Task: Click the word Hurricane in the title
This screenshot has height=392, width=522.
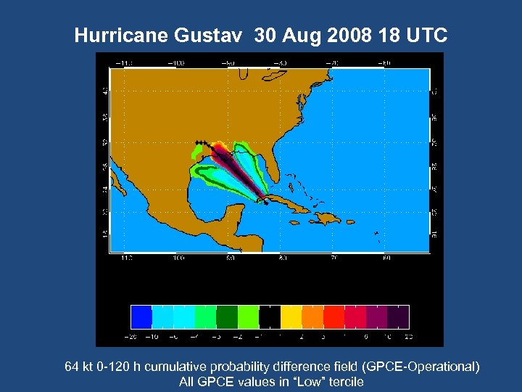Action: click(x=120, y=36)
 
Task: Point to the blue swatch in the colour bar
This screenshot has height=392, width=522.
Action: click(x=141, y=316)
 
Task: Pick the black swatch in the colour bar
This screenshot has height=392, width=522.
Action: click(x=270, y=316)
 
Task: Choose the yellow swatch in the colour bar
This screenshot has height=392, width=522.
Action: click(x=291, y=316)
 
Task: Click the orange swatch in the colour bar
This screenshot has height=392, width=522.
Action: click(x=312, y=316)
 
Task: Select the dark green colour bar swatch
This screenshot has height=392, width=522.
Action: click(x=227, y=316)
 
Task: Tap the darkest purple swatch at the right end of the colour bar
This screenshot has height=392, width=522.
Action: click(x=398, y=316)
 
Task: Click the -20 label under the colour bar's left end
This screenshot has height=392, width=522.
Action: click(x=132, y=336)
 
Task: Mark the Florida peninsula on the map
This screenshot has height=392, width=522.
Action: click(x=270, y=162)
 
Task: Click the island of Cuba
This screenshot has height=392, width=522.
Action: click(x=288, y=203)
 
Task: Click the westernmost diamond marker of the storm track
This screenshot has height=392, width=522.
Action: click(x=196, y=142)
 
